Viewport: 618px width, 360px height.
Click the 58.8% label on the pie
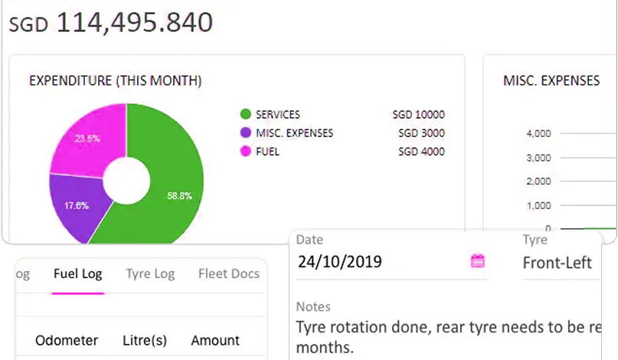179,196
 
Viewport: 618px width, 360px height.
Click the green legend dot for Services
246,115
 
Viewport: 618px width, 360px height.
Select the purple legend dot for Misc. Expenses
246,133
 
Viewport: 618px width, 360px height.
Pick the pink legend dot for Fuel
246,152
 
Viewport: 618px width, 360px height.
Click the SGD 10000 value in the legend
418,115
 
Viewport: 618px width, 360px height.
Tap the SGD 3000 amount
421,133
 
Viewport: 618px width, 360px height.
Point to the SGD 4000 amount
421,152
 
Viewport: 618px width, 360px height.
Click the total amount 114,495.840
134,23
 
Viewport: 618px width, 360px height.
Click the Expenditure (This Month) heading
116,80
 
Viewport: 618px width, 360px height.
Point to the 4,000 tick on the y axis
539,134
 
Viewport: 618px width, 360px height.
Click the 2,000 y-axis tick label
539,182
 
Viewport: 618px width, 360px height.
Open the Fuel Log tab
77,273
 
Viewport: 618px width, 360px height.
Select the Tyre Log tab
150,273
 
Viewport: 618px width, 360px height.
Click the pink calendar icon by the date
477,261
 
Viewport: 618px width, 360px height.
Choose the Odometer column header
67,340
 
